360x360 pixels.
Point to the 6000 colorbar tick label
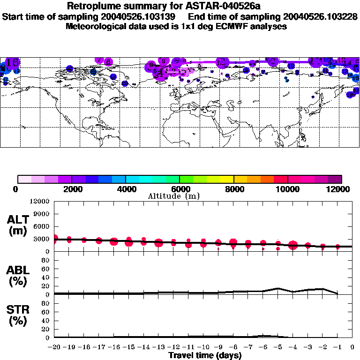coord(180,189)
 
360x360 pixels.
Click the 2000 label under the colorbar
coord(71,189)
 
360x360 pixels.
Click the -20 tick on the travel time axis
coord(55,347)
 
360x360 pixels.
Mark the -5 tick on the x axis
coord(278,347)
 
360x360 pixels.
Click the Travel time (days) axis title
coord(205,355)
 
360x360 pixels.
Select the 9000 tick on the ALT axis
coord(41,214)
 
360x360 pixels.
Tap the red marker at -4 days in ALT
coord(293,245)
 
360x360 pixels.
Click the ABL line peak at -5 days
coord(278,288)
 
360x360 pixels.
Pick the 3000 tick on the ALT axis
coord(41,239)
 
